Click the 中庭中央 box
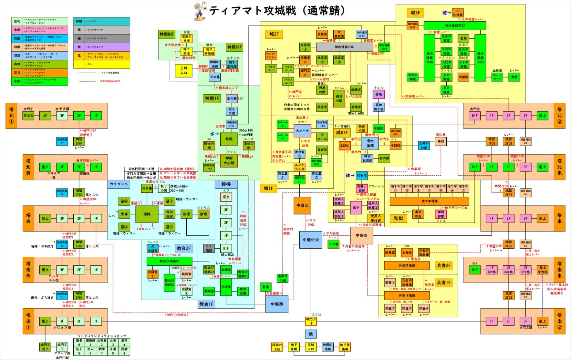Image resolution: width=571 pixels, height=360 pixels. pos(311,240)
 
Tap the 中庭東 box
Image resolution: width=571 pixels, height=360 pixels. pos(361,235)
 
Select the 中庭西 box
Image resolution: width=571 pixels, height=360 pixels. pos(277,304)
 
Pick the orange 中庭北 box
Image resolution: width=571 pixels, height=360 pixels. pos(302,206)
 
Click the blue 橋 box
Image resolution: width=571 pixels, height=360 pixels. pos(311,334)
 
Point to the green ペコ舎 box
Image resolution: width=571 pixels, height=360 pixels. pos(333,244)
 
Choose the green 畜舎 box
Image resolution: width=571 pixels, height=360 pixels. pos(265,287)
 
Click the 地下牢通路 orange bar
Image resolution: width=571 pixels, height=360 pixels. pos(429,201)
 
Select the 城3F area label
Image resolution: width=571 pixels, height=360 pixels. pos(415,13)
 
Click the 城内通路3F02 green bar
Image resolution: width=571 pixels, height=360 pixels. pos(455,26)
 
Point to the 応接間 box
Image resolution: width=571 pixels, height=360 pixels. pos(463,77)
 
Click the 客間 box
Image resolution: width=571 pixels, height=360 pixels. pos(463,38)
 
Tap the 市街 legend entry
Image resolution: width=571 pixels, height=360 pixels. pos(17,30)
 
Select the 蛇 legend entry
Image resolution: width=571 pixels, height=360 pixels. pos(79,47)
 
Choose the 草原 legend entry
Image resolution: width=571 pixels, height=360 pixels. pos(17,81)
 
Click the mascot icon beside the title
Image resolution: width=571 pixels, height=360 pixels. pos(199,12)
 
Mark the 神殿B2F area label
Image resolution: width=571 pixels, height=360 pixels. pos(166,34)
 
